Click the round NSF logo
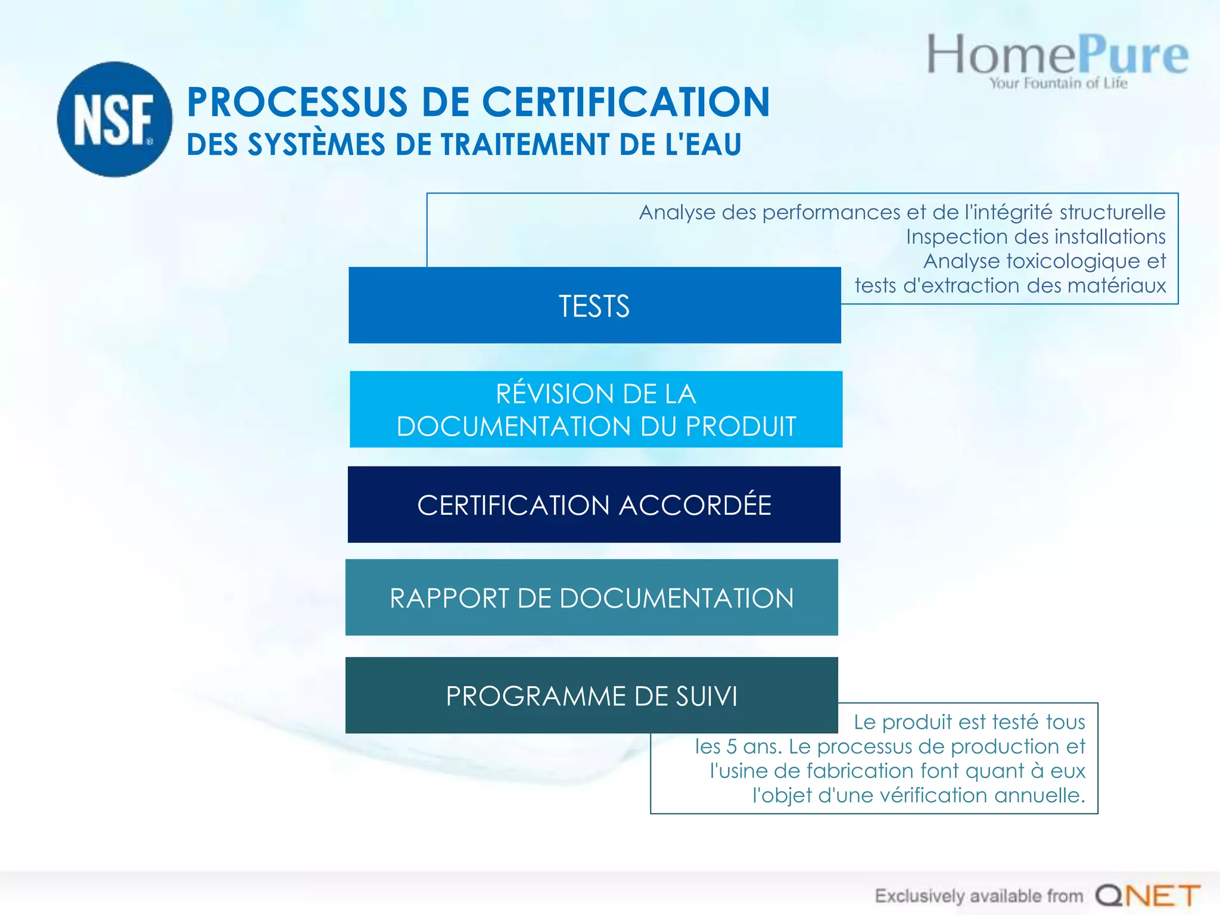point(114,119)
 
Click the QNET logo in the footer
point(1147,895)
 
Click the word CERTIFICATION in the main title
point(625,102)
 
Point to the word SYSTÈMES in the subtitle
point(316,145)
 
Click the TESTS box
point(595,306)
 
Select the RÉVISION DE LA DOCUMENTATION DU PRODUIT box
point(596,409)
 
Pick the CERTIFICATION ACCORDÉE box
point(594,505)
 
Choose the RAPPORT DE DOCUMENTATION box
point(592,597)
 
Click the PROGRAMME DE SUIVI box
point(592,695)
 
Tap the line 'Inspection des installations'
point(1035,237)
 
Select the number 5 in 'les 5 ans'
point(731,746)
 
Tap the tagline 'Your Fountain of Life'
point(1059,83)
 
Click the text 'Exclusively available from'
point(978,896)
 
